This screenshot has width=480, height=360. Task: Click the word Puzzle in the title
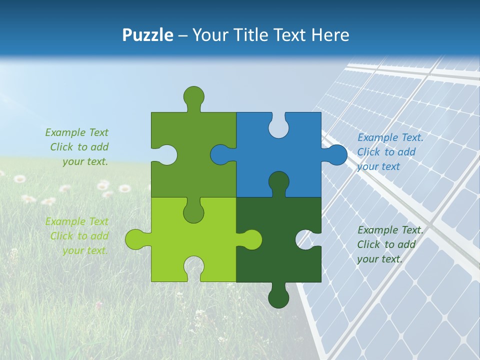coord(148,35)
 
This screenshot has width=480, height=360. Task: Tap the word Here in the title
coord(330,35)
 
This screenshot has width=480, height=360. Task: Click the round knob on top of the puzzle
coord(193,96)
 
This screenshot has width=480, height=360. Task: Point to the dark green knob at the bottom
coord(278,297)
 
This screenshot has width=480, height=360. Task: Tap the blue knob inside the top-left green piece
coord(220,154)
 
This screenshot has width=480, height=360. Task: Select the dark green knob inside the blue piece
coord(278,181)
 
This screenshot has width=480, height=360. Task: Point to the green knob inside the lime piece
coord(193,212)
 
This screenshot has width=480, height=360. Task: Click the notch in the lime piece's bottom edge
coord(193,267)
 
